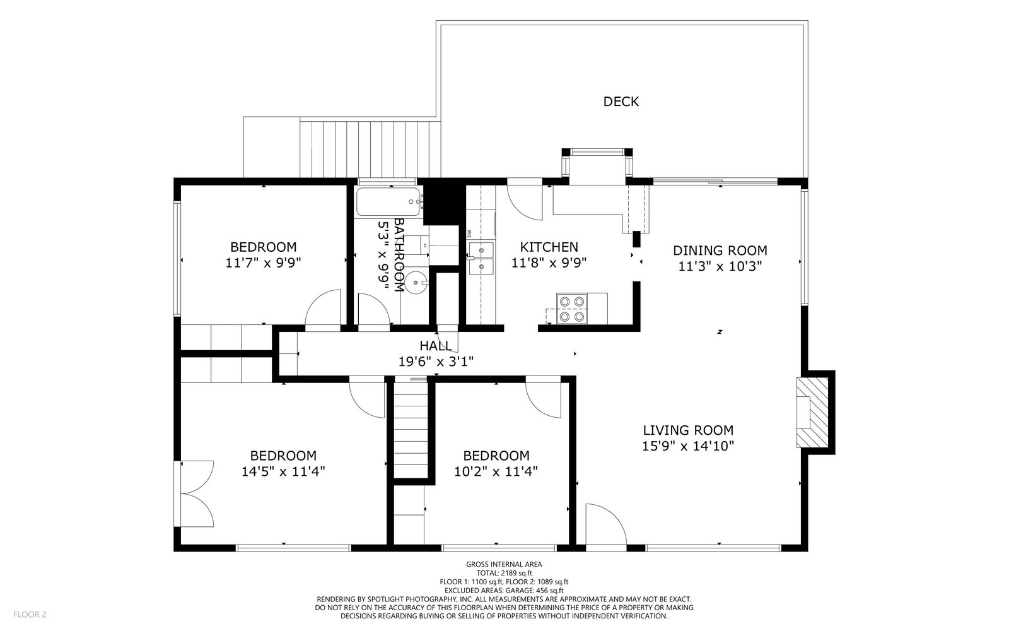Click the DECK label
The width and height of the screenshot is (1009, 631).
[621, 102]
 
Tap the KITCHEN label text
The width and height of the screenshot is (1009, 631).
[549, 247]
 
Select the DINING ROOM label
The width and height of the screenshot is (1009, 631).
[720, 251]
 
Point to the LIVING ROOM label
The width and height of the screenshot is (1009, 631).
[688, 430]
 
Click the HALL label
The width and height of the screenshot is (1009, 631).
[436, 346]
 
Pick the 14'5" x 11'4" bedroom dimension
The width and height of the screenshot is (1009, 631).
[283, 471]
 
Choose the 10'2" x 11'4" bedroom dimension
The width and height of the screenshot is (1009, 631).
[496, 471]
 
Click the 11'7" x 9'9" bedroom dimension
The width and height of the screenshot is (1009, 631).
[263, 262]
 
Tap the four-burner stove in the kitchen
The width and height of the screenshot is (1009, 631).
[571, 309]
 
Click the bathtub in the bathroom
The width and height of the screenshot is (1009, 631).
[388, 202]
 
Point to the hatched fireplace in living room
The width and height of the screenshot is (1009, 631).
[813, 413]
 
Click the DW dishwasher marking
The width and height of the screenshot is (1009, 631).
[469, 233]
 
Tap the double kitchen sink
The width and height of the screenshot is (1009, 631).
[481, 258]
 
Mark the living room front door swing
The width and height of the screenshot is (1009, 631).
[606, 524]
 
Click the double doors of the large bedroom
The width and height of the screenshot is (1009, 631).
[197, 493]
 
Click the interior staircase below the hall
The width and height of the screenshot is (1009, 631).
[411, 429]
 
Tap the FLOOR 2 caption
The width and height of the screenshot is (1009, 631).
[30, 615]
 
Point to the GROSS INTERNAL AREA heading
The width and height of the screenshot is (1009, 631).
[504, 564]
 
